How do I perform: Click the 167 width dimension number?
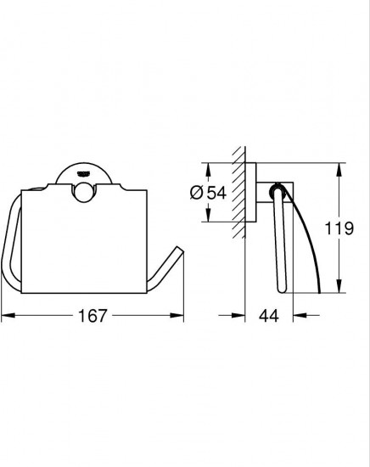click(92, 316)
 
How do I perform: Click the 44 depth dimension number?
click(269, 316)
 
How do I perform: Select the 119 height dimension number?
click(339, 228)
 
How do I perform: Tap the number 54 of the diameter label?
click(216, 193)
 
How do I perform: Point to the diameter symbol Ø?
click(197, 193)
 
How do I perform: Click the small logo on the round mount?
click(83, 174)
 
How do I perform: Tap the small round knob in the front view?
click(84, 193)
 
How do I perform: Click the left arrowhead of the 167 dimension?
click(8, 315)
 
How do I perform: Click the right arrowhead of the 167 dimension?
click(177, 315)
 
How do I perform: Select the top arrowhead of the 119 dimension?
click(339, 170)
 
